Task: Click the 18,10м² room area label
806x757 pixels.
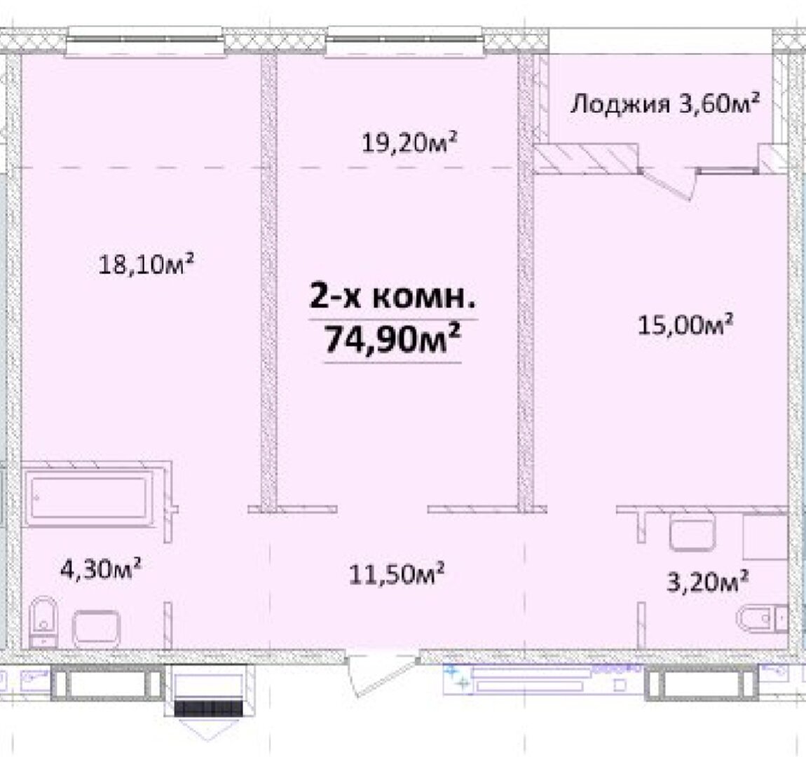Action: tap(146, 264)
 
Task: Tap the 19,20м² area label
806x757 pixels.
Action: tap(409, 142)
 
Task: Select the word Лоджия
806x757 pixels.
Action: tap(621, 105)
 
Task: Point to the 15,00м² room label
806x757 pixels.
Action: tap(685, 325)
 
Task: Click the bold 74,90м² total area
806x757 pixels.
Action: tap(392, 339)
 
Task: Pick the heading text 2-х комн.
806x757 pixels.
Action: tap(392, 297)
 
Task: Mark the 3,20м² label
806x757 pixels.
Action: tap(707, 582)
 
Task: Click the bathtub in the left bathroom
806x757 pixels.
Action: tap(89, 498)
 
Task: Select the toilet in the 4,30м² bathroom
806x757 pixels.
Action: tap(43, 622)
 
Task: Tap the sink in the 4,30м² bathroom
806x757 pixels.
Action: tap(96, 629)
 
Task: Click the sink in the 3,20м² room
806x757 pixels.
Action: tap(692, 533)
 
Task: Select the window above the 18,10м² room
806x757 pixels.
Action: tap(146, 41)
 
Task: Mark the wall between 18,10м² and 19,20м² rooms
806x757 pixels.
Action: tap(268, 280)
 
